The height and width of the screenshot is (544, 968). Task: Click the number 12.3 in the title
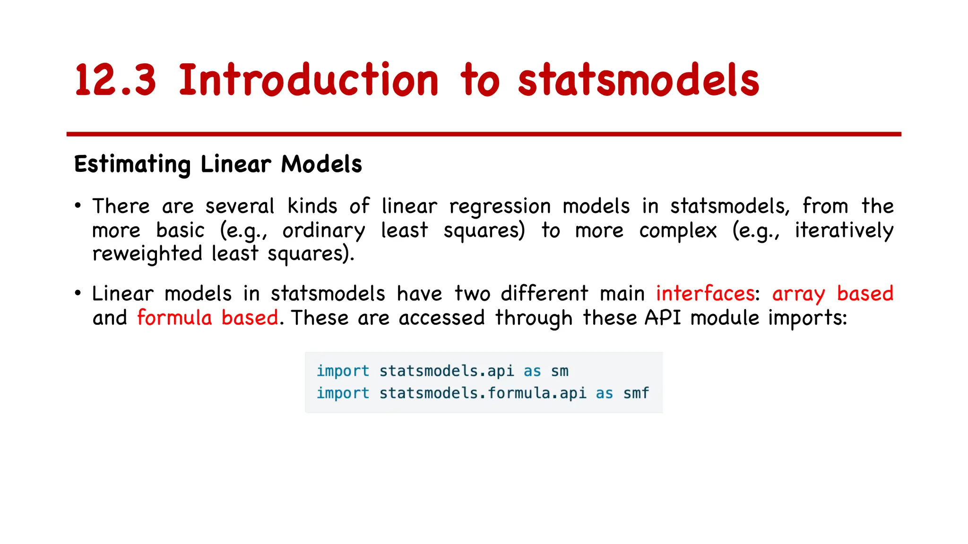[115, 80]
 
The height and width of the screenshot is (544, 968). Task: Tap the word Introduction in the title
[309, 80]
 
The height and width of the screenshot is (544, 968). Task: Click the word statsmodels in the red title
[638, 80]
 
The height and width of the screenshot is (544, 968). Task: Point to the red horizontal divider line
[484, 134]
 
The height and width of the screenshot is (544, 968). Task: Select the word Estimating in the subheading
[132, 164]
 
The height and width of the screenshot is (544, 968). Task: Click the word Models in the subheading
[321, 164]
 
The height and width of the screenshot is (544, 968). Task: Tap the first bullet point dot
[78, 206]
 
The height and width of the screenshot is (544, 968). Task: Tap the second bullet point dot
[78, 293]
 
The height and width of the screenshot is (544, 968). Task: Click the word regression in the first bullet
[500, 207]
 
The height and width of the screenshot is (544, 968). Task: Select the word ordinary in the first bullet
[324, 231]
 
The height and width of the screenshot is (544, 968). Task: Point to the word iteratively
[844, 231]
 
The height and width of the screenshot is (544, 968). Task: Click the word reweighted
[147, 254]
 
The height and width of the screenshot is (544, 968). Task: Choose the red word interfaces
[705, 294]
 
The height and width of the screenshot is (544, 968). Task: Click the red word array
[798, 294]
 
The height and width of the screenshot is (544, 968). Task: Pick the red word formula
[174, 318]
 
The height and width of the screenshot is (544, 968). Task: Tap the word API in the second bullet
[663, 318]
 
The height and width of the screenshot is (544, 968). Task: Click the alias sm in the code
[560, 371]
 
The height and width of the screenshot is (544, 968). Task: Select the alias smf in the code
[636, 393]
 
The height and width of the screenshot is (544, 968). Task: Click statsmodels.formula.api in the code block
[483, 393]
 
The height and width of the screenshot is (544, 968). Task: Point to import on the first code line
[343, 371]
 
